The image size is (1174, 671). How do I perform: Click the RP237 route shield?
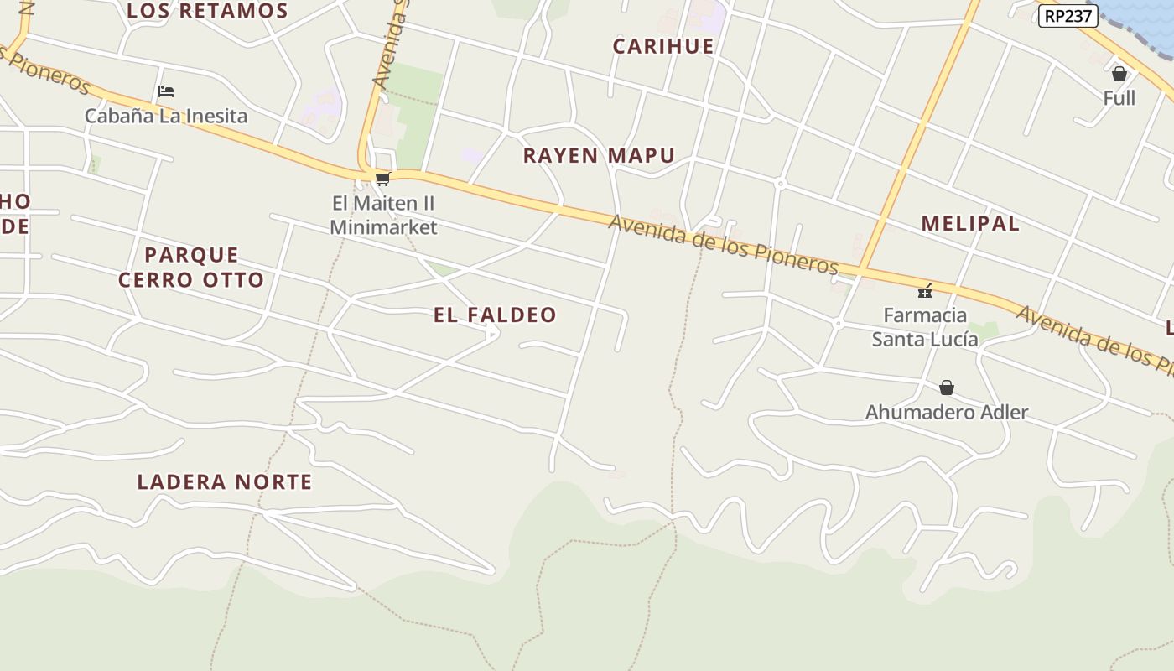[x=1068, y=16]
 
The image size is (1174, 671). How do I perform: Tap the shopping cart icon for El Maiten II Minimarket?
[x=383, y=179]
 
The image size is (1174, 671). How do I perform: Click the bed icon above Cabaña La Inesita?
[x=166, y=91]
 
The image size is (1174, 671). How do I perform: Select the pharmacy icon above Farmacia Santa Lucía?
[x=925, y=291]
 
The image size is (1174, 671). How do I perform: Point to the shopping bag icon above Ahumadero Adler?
[x=947, y=388]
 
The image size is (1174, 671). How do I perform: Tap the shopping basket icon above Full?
[x=1119, y=75]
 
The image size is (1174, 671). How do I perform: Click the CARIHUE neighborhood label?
[x=663, y=46]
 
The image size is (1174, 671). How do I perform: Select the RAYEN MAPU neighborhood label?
[x=599, y=155]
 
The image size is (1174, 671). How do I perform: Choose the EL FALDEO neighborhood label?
[x=495, y=315]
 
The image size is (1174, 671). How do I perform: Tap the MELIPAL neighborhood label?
[x=970, y=223]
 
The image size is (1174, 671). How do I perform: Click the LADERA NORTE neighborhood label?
[x=225, y=481]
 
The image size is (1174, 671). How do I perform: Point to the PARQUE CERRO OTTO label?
[x=191, y=267]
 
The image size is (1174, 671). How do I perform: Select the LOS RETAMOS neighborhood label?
[x=207, y=11]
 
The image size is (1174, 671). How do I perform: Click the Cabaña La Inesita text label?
[x=166, y=116]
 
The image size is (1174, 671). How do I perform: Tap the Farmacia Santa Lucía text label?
[x=925, y=327]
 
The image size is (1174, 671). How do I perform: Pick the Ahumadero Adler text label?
[x=947, y=412]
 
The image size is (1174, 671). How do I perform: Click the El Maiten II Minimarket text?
[x=383, y=215]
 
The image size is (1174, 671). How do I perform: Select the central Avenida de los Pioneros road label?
[x=723, y=244]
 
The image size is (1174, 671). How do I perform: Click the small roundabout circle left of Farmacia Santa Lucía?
[x=838, y=324]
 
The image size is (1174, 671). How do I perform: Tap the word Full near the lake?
[x=1119, y=98]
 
